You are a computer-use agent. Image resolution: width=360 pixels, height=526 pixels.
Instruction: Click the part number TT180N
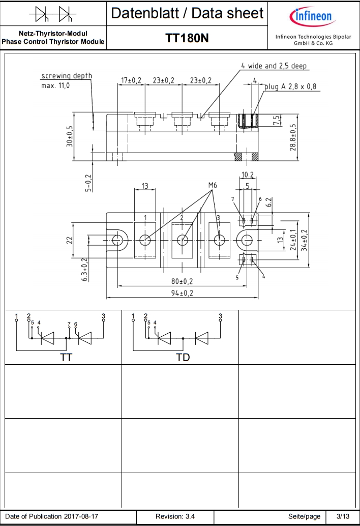coord(187,38)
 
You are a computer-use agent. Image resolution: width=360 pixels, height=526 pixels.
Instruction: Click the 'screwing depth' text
coord(67,76)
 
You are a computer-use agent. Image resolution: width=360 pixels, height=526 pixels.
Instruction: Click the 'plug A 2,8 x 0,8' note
coord(290,86)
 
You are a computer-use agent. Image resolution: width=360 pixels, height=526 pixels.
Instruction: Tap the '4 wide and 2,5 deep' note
coord(275,66)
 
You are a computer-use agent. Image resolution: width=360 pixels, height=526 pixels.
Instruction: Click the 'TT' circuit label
coord(66,358)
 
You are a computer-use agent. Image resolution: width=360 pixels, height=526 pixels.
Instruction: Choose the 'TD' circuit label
coord(183,358)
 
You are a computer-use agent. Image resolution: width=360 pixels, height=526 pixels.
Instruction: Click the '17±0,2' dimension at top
coord(131,80)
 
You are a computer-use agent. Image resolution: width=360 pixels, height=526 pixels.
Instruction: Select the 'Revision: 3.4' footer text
coord(175,516)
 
